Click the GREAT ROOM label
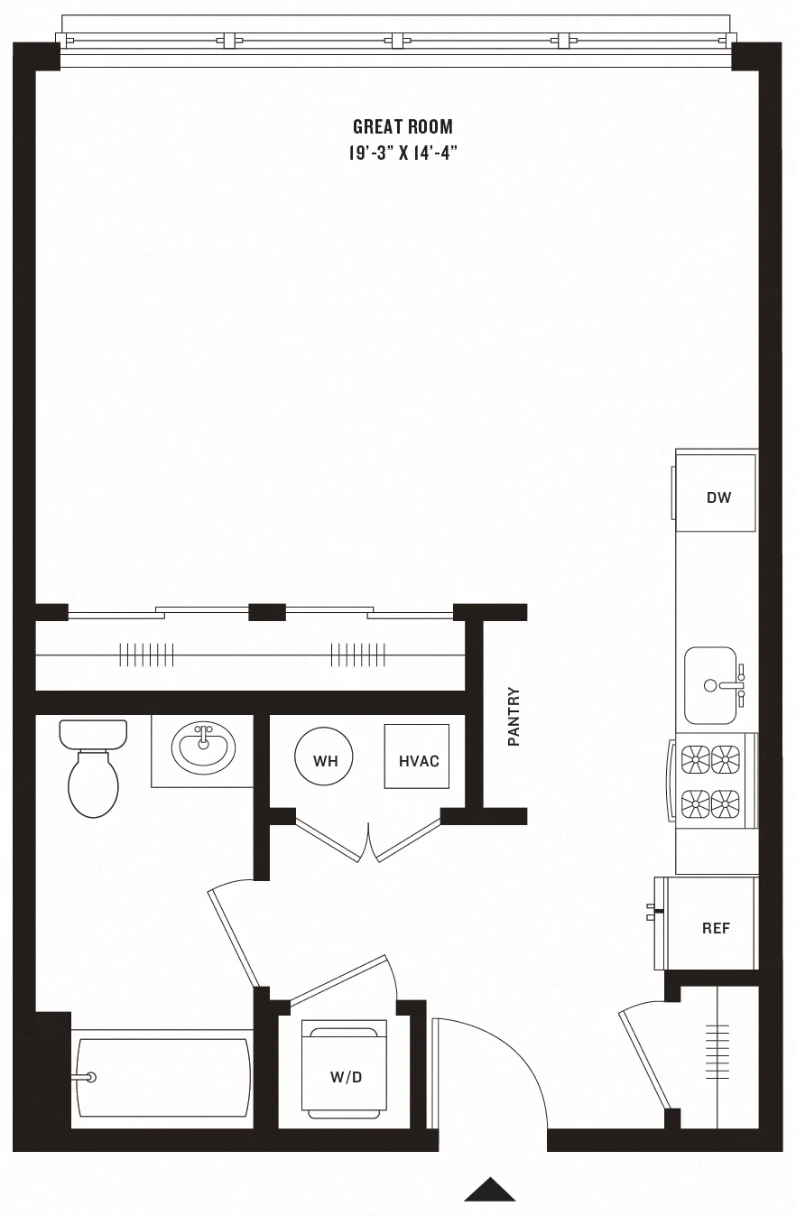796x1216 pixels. [403, 127]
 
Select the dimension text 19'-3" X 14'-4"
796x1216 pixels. [403, 153]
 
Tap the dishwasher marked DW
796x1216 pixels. [717, 494]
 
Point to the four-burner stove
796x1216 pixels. [710, 781]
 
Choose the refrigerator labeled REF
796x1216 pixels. [712, 925]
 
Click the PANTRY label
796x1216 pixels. [514, 717]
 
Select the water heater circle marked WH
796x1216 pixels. [325, 760]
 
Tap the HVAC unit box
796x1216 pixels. [418, 760]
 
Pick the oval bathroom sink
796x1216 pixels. [203, 747]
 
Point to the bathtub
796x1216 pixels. [162, 1077]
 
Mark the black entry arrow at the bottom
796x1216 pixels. [490, 1191]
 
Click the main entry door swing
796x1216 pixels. [492, 1074]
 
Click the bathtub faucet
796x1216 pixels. [88, 1077]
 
